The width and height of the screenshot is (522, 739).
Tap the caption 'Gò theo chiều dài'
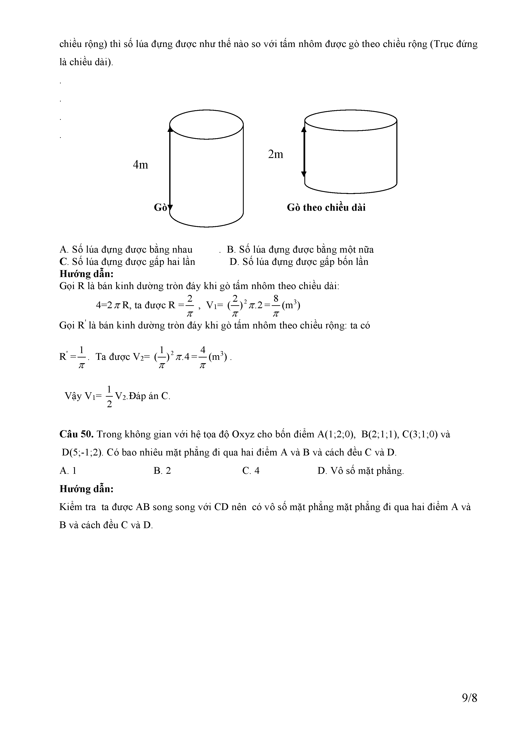pyautogui.click(x=326, y=208)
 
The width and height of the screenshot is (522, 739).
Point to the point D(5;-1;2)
pyautogui.click(x=82, y=453)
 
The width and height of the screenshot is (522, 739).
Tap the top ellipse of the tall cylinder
pyautogui.click(x=206, y=124)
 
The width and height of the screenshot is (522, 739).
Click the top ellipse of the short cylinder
pyautogui.click(x=351, y=120)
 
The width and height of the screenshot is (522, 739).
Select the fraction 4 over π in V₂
pyautogui.click(x=203, y=357)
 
